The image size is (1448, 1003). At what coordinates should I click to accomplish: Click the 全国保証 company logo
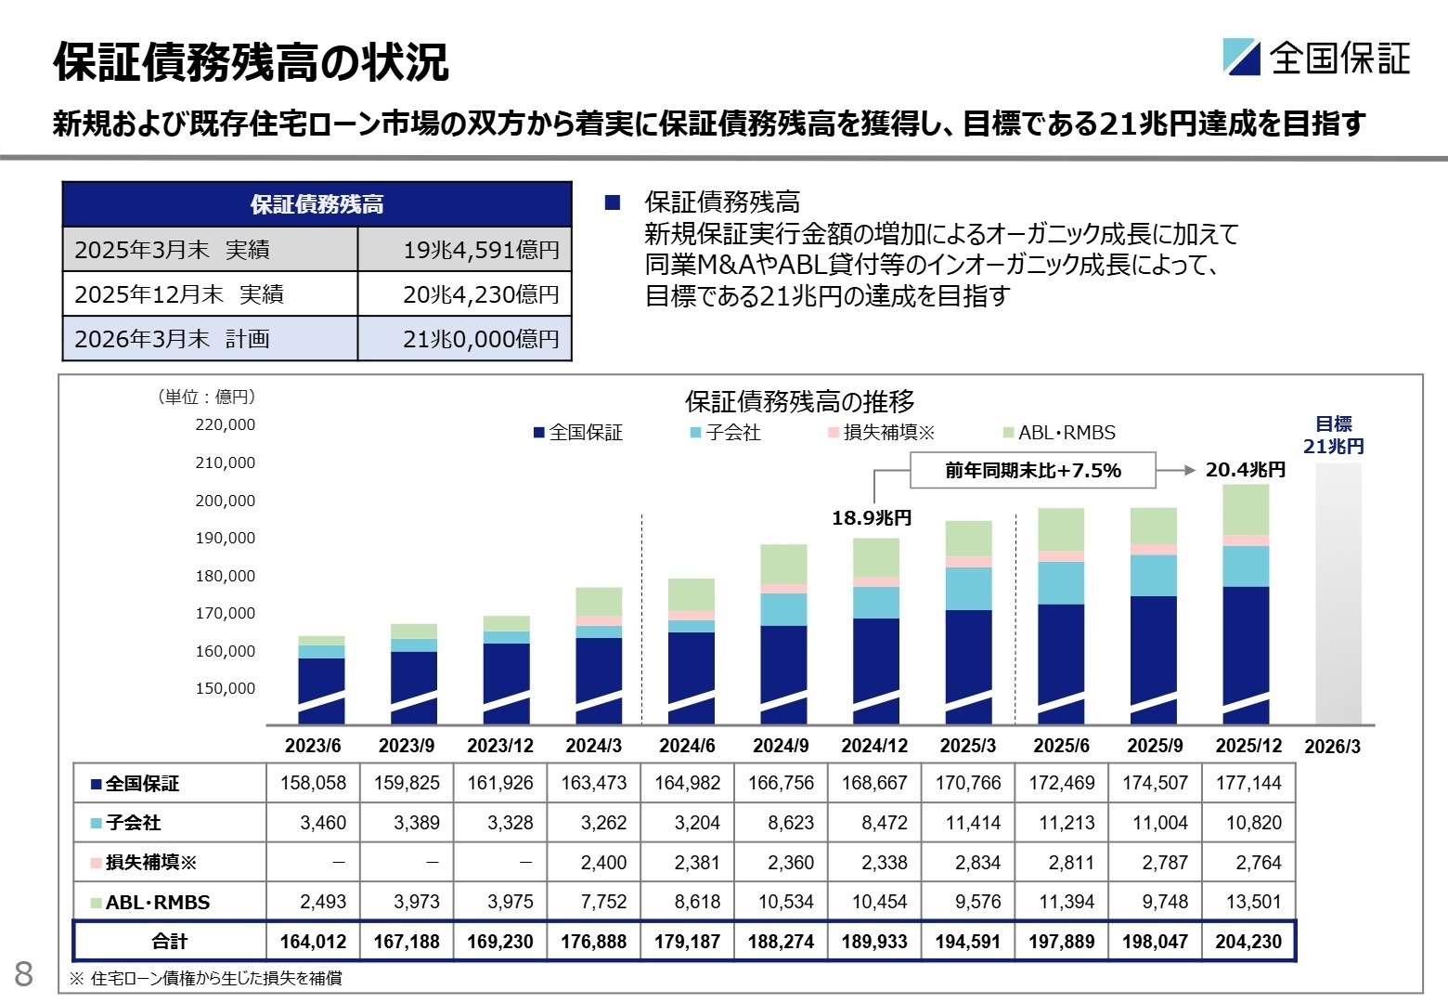point(1316,58)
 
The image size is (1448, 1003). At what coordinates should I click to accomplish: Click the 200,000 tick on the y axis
point(226,501)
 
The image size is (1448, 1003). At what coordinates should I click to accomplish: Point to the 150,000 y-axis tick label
point(226,688)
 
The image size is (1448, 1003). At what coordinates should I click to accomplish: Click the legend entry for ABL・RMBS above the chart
point(1060,433)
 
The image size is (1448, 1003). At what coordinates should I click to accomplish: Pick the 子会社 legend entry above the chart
point(725,433)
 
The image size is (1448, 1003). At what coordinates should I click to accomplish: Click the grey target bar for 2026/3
point(1338,594)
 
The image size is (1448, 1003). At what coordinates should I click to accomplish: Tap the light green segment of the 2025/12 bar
point(1246,510)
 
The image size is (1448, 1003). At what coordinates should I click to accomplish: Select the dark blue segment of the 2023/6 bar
point(321,687)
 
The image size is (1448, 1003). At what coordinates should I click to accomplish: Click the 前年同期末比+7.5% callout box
point(1032,471)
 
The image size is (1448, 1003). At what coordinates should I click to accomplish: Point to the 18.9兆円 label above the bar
point(872,518)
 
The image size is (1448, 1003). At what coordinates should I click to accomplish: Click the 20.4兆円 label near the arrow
point(1246,470)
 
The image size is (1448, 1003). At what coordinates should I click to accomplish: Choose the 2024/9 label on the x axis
point(781,746)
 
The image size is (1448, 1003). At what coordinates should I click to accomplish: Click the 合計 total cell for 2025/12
point(1248,942)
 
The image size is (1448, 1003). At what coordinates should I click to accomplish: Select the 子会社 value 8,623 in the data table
point(790,823)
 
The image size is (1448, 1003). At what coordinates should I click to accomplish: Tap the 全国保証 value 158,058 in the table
point(313,783)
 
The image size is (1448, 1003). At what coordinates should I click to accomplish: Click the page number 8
point(24,973)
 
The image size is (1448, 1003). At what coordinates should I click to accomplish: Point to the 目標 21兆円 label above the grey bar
point(1334,435)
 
